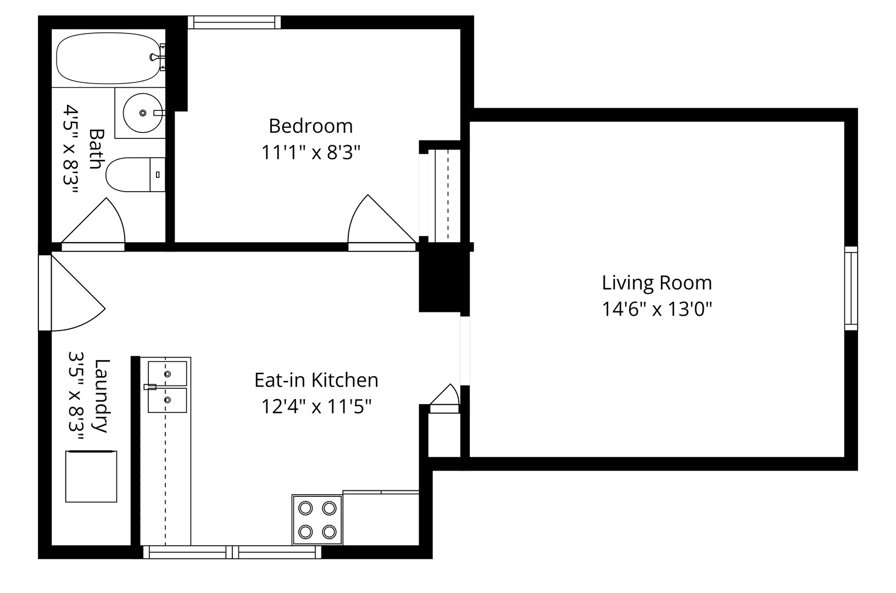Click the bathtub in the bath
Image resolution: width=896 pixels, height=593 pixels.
(108, 58)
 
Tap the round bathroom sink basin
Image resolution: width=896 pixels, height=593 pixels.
(143, 113)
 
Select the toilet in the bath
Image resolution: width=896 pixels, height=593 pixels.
(135, 175)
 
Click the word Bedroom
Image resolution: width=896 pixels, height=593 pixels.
(310, 126)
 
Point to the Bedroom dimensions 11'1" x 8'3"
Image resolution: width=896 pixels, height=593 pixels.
(311, 152)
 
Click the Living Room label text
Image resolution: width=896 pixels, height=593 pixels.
(657, 283)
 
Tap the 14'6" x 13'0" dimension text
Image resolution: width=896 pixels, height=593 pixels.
(657, 309)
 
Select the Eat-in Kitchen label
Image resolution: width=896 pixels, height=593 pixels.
(316, 380)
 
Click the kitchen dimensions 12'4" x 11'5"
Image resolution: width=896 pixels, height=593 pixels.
(316, 406)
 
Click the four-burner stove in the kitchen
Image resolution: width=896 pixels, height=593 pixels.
(317, 520)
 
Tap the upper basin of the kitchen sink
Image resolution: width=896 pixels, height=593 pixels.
(167, 374)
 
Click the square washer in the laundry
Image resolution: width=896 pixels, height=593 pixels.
(91, 476)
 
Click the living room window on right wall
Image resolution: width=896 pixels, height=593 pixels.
(851, 288)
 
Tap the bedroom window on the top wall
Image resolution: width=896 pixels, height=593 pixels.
(235, 23)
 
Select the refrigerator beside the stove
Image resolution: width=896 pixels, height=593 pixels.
(381, 517)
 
